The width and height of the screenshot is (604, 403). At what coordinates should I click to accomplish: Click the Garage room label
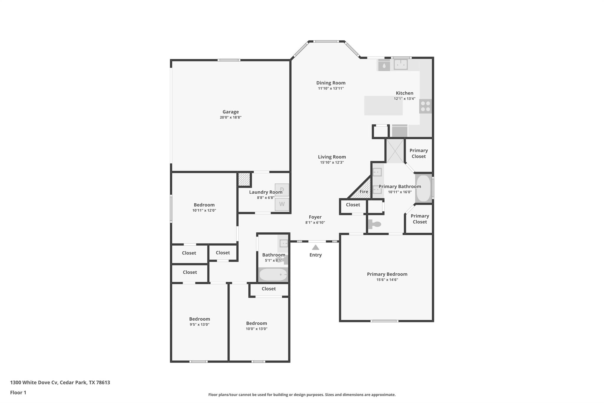[x=230, y=112]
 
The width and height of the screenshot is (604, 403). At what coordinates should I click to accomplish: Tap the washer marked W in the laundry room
[x=282, y=204]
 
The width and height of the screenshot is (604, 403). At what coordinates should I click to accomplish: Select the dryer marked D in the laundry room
[x=282, y=190]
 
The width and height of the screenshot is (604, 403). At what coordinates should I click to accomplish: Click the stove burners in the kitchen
[x=425, y=106]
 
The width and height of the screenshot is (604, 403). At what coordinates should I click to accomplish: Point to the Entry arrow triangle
[x=315, y=247]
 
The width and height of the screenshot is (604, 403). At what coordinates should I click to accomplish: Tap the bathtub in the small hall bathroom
[x=273, y=275]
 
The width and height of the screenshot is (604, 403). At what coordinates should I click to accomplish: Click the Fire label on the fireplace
[x=364, y=192]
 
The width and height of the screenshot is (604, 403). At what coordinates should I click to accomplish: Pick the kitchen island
[x=383, y=106]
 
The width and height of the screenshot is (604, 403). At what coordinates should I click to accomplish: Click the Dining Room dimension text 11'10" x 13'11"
[x=331, y=88]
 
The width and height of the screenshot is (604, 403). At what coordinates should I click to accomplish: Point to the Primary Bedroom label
[x=387, y=274]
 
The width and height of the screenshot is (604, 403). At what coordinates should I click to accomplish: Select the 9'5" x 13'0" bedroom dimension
[x=199, y=324]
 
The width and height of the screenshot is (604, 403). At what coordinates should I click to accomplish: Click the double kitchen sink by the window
[x=401, y=64]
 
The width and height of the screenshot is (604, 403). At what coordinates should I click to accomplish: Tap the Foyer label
[x=315, y=217]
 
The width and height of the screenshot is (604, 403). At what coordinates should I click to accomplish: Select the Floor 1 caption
[x=18, y=392]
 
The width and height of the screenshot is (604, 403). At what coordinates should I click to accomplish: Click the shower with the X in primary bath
[x=395, y=151]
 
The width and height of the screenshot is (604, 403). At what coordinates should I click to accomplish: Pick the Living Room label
[x=332, y=157]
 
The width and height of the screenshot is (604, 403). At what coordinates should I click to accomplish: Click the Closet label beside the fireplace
[x=353, y=205]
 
